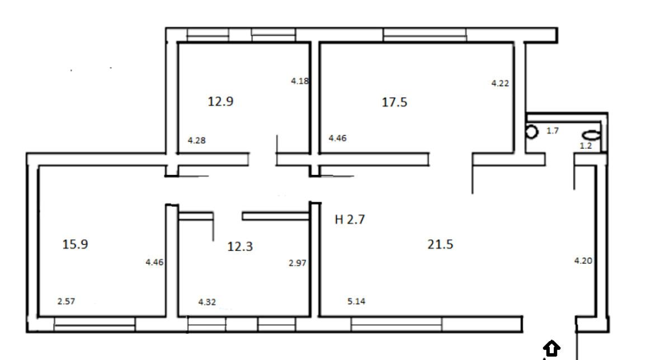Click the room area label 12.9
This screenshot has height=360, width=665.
[220, 101]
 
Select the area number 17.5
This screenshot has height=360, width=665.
[394, 102]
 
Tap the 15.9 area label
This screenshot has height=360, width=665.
[75, 244]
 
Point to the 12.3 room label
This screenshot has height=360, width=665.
[240, 247]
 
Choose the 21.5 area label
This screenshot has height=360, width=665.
[440, 244]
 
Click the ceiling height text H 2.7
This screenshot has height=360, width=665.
[350, 219]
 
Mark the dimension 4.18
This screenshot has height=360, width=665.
[300, 81]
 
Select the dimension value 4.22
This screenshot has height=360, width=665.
[500, 83]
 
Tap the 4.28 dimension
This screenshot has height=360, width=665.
[197, 140]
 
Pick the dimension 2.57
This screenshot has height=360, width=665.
[66, 301]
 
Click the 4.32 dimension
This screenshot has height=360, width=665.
[207, 302]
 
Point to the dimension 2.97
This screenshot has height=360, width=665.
[298, 263]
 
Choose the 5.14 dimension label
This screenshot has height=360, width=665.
[356, 301]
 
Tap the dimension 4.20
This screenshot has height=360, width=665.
[583, 261]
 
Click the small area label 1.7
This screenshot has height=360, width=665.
[553, 131]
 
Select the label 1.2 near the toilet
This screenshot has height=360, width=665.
[586, 146]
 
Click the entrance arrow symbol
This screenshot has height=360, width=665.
[551, 348]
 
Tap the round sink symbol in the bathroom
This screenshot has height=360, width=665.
[531, 131]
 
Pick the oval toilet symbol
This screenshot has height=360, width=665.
[592, 135]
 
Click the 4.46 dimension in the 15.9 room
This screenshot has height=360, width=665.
[154, 263]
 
